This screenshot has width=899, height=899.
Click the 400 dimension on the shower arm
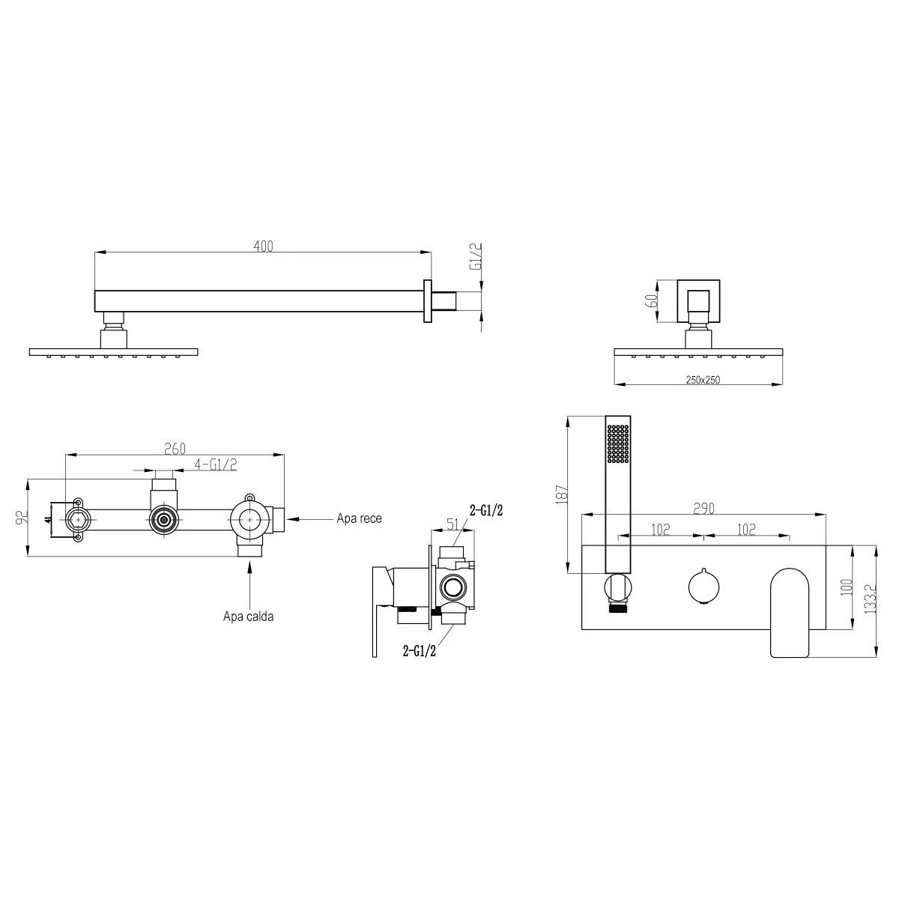coord(264,246)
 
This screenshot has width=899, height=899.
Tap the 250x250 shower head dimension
coord(703,380)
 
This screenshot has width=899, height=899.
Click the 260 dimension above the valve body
coord(175,449)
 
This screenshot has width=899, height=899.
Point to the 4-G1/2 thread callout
coord(216,464)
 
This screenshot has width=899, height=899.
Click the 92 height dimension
coord(22,518)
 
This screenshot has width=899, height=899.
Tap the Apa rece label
coord(359,518)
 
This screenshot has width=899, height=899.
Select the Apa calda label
coord(248,617)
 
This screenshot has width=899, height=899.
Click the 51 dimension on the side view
coord(453,524)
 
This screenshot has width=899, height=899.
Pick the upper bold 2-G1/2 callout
coord(486,511)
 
